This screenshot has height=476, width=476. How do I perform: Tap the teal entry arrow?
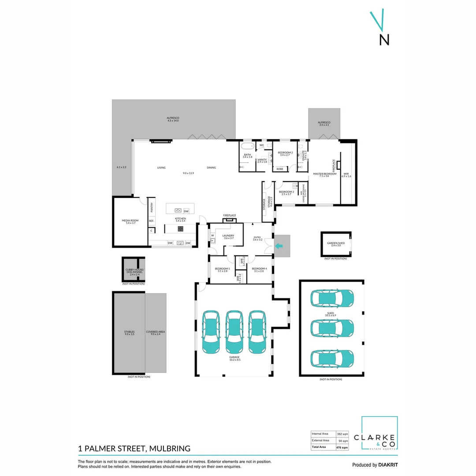click(279, 246)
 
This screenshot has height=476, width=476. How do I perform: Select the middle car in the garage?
click(234, 332)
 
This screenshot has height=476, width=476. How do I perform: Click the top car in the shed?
click(333, 299)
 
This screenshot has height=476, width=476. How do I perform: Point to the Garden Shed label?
click(335, 244)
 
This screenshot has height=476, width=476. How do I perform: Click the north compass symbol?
click(380, 28)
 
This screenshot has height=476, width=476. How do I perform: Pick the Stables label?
click(129, 333)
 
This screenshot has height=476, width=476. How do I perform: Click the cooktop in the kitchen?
click(180, 228)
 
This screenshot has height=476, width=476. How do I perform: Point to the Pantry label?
click(151, 206)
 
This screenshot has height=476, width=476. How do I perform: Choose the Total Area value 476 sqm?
click(342, 447)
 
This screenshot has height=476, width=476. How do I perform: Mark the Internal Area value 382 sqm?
click(342, 434)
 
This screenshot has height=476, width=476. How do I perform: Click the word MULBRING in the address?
click(170, 449)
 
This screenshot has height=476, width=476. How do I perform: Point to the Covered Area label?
click(156, 333)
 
